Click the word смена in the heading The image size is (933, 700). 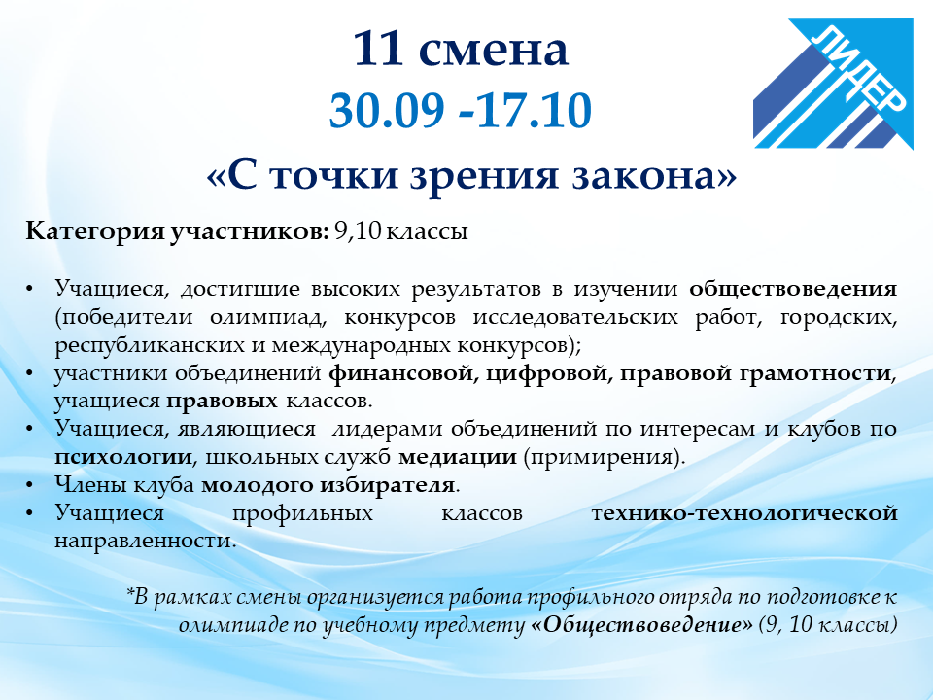point(494,52)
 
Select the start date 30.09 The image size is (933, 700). point(387,110)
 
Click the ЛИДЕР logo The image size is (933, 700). point(833,84)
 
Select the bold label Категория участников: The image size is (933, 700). point(177,231)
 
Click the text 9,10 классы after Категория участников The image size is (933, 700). point(401,231)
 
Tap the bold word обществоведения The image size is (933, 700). point(793,289)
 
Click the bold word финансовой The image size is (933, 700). point(404,373)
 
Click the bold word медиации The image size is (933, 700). point(458,458)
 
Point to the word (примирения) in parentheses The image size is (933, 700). point(605,458)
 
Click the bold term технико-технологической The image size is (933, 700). point(744,513)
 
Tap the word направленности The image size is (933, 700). point(145,542)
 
